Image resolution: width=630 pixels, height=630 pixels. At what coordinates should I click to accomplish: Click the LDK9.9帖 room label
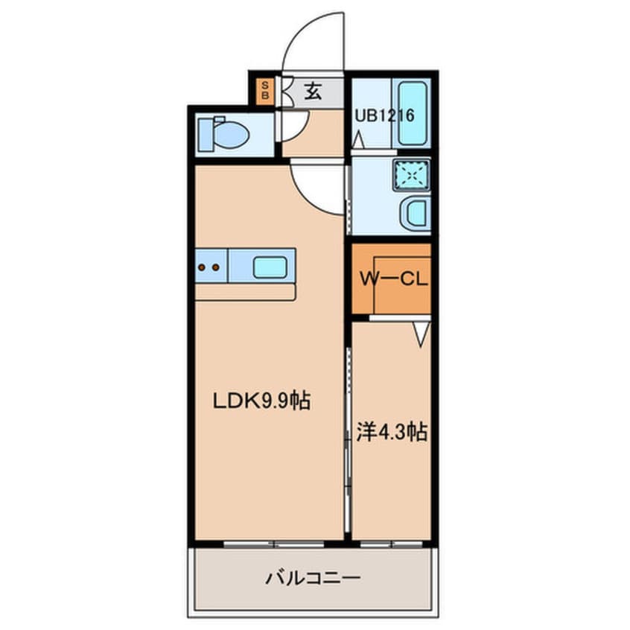click(261, 401)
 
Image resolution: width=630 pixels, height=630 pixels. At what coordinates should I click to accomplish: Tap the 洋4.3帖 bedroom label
click(392, 433)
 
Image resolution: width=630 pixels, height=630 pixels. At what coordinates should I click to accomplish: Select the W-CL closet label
click(393, 279)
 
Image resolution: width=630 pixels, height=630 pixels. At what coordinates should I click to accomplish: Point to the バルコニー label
click(313, 578)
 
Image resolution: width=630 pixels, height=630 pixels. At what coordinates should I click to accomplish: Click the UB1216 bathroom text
click(384, 115)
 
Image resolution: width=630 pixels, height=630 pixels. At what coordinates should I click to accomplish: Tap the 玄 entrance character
click(313, 91)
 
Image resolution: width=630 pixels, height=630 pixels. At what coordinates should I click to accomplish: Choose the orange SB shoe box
click(265, 91)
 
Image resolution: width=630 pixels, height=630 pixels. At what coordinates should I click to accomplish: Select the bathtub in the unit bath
click(411, 113)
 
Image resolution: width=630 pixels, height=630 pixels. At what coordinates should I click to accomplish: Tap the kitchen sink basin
click(270, 267)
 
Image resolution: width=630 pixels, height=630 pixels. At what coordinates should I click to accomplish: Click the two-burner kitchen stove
click(211, 266)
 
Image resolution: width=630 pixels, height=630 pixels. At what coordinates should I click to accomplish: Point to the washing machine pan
click(411, 175)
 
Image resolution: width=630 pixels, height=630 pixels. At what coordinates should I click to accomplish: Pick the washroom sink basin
click(416, 213)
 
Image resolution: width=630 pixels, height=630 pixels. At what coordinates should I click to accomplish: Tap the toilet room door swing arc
click(300, 132)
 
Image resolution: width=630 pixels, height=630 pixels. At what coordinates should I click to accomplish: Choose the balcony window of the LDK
click(273, 544)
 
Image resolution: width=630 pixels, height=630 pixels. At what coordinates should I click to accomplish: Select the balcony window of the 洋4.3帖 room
click(392, 544)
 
